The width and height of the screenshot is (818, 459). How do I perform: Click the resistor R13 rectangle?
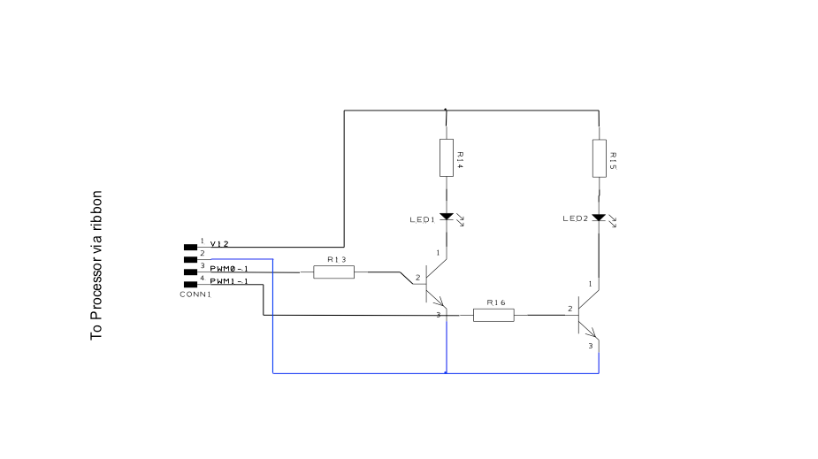[333, 272]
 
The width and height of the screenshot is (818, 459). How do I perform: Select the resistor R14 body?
[446, 157]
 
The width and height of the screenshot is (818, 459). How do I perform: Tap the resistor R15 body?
[599, 157]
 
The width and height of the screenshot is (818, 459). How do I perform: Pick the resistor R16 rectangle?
[493, 314]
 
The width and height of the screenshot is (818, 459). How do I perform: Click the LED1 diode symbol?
[446, 216]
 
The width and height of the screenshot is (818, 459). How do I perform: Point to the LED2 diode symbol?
[599, 217]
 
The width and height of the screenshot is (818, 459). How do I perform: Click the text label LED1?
[422, 219]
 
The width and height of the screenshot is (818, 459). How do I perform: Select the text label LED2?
[576, 219]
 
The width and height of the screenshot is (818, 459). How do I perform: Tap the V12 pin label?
[219, 243]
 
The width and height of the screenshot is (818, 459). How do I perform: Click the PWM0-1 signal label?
[229, 268]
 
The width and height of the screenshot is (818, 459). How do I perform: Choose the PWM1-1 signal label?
[229, 281]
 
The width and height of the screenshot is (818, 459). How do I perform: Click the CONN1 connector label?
[195, 294]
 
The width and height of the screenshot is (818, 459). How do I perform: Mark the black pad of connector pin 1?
[190, 248]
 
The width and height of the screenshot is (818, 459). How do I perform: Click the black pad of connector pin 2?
[190, 260]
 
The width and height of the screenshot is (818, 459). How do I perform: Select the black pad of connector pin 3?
[190, 272]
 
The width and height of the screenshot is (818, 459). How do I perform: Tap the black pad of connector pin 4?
[190, 284]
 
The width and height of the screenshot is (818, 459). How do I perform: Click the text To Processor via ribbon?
[97, 265]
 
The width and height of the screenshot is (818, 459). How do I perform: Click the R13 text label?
[336, 260]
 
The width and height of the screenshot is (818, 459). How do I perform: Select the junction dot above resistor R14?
[446, 111]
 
